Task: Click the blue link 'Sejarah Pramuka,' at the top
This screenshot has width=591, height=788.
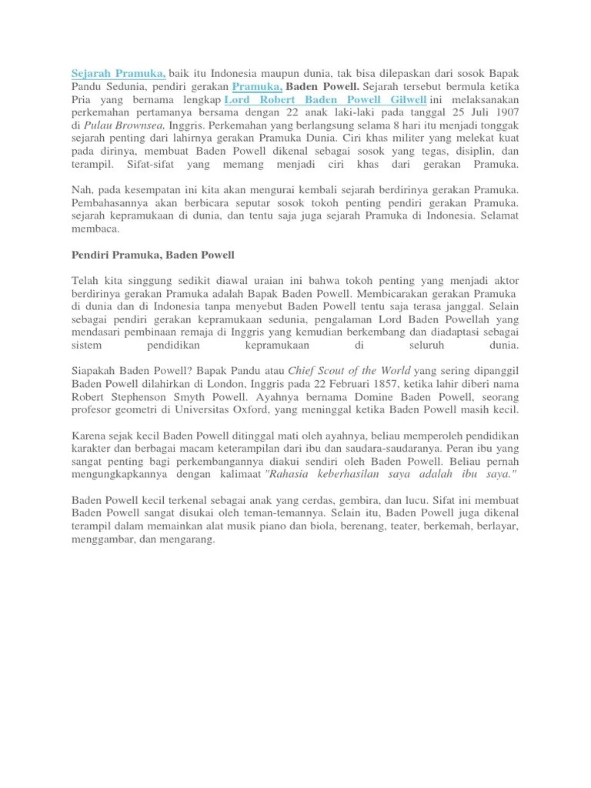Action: click(119, 73)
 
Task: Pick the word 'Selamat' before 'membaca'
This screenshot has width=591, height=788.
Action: click(499, 216)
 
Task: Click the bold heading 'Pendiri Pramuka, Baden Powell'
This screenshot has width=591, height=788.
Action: click(153, 255)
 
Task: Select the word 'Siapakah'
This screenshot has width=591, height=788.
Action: click(95, 370)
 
